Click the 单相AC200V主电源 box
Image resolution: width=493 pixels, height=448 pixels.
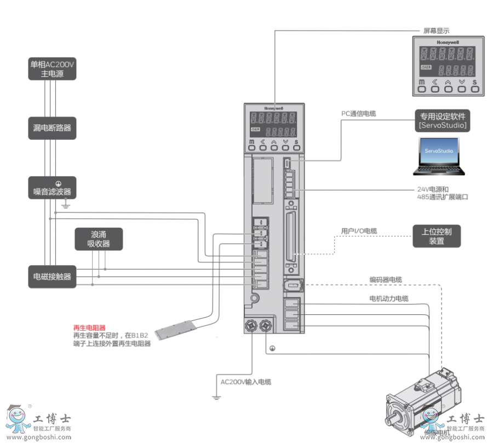(52, 69)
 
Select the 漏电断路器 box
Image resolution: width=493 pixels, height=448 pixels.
(52, 128)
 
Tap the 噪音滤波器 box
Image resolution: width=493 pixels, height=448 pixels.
(52, 188)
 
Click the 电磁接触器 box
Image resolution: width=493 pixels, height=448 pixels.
(52, 277)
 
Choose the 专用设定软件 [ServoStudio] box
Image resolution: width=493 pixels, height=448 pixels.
(443, 120)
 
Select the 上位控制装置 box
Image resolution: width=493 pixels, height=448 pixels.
(437, 236)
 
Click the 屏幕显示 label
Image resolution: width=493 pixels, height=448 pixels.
(437, 31)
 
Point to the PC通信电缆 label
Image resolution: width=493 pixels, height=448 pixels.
(359, 114)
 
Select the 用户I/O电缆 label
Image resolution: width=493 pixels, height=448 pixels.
(359, 231)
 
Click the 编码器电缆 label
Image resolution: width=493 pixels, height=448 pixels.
(386, 280)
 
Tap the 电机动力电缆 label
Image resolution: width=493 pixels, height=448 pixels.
(388, 298)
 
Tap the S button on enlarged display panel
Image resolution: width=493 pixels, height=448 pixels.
(474, 83)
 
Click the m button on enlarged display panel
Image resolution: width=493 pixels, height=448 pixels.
(422, 83)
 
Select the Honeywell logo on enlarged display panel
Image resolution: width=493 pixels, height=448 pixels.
(448, 42)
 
